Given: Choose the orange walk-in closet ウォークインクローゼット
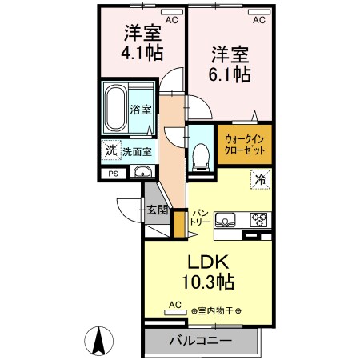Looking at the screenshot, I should [245, 144].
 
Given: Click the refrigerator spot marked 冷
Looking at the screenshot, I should [261, 180].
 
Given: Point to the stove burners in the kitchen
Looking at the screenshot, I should [261, 219].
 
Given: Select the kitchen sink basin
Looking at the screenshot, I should [225, 219].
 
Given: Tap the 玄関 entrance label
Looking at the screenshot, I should [157, 210].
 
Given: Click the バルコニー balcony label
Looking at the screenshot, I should [200, 341].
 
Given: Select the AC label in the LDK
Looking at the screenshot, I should [175, 305].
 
